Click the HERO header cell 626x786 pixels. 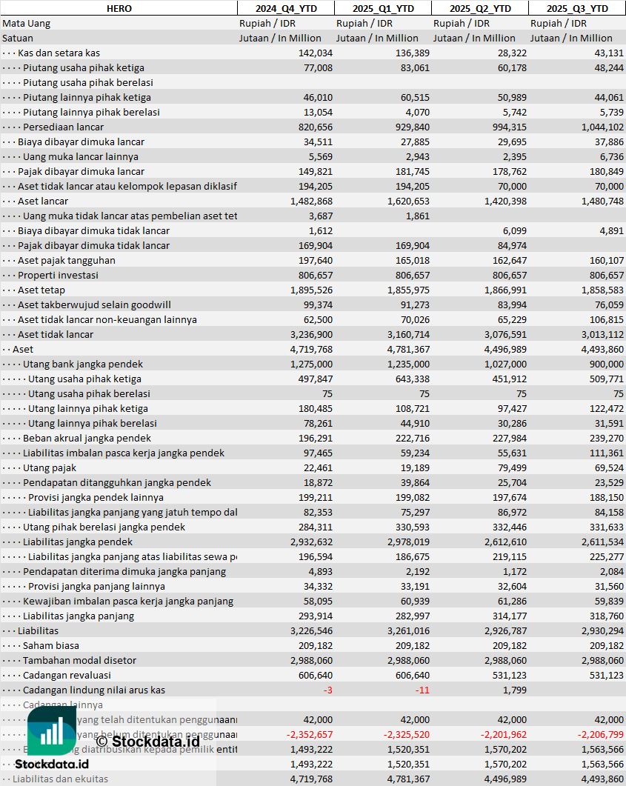119,8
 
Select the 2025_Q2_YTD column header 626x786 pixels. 480,8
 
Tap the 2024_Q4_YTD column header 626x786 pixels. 285,8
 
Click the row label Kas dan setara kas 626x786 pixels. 59,53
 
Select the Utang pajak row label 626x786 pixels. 50,467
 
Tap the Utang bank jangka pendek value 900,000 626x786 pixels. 604,364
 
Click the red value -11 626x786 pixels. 422,690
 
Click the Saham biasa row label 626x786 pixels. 51,645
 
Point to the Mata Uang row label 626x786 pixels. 26,23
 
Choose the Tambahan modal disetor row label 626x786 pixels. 79,660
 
